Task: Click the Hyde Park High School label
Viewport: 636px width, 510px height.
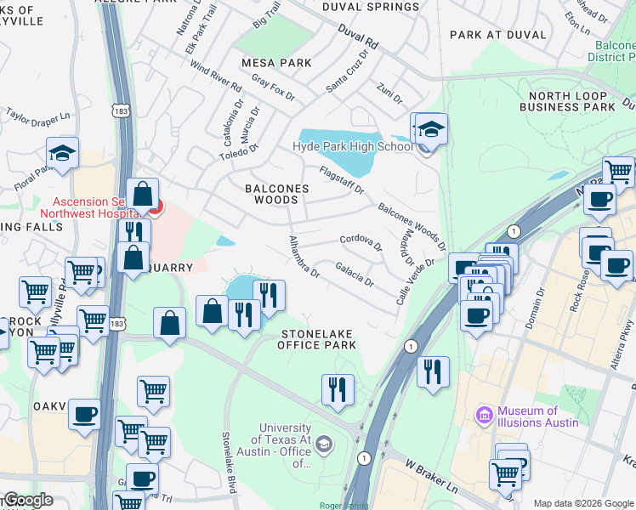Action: (x=352, y=146)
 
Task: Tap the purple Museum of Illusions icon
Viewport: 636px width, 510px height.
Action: (x=485, y=415)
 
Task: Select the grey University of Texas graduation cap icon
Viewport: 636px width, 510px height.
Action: (x=324, y=444)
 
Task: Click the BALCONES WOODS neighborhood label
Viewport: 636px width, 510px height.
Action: (x=271, y=194)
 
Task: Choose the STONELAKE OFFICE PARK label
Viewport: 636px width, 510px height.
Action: (x=317, y=339)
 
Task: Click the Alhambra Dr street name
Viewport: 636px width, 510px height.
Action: (x=304, y=258)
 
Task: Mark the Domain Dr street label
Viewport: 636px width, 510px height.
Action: (x=541, y=303)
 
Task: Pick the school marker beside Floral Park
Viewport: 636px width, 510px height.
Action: (x=63, y=154)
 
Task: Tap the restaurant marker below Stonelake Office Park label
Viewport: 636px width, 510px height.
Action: (x=338, y=389)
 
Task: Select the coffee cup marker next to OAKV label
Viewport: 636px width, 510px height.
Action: (x=84, y=415)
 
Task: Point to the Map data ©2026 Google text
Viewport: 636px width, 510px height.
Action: (x=583, y=503)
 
